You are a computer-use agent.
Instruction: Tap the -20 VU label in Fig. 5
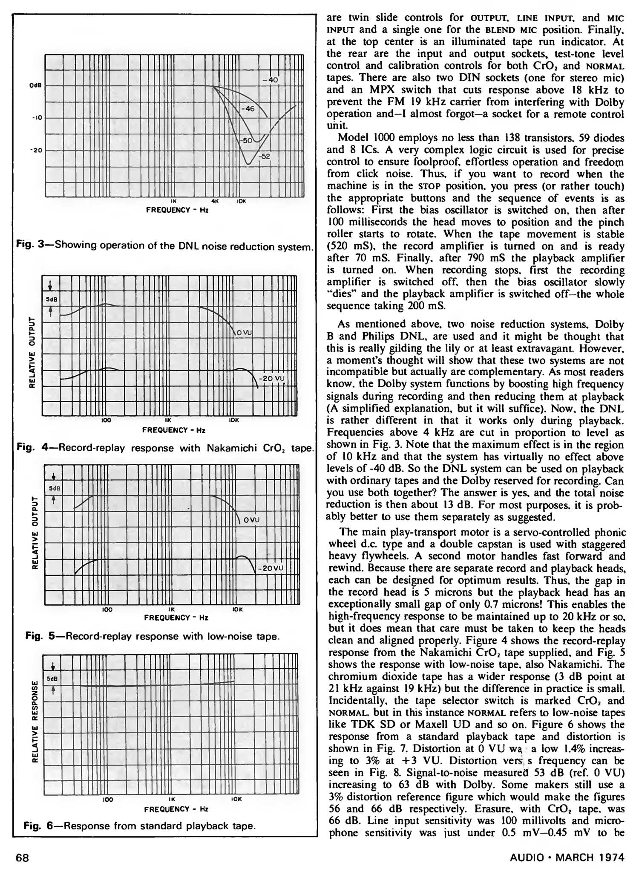coord(270,568)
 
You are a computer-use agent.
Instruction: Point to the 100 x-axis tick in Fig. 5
coord(107,610)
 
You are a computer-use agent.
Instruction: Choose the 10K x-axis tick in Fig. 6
coord(236,800)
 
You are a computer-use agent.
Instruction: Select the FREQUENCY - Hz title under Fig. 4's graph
coord(174,430)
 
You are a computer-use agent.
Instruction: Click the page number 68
coord(23,858)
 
